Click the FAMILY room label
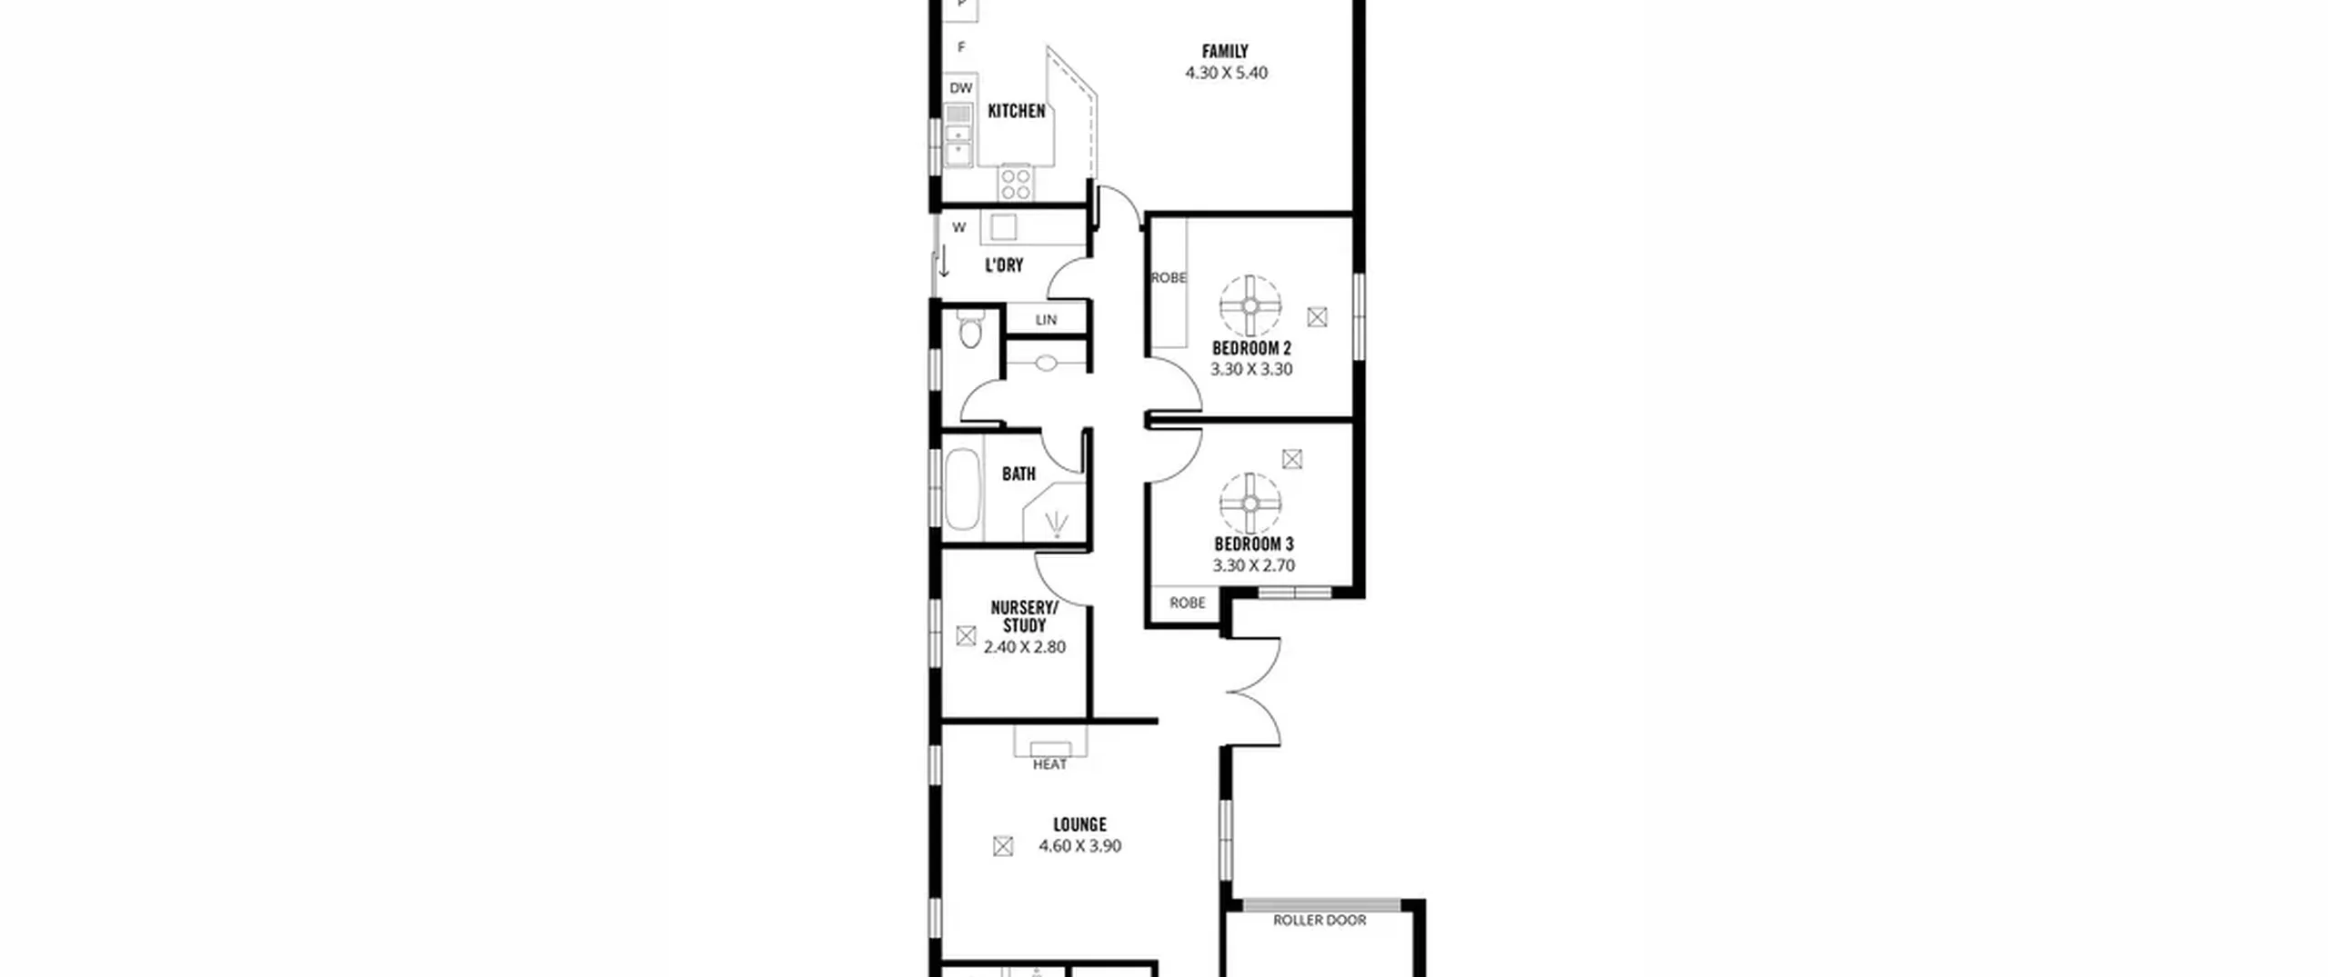pyautogui.click(x=1225, y=52)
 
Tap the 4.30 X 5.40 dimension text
pyautogui.click(x=1226, y=73)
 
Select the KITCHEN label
pyautogui.click(x=1017, y=111)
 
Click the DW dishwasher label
pyautogui.click(x=961, y=88)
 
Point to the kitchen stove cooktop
pyautogui.click(x=1016, y=183)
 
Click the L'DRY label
pyautogui.click(x=1004, y=265)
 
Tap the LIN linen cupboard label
pyautogui.click(x=1046, y=320)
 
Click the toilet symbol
pyautogui.click(x=970, y=329)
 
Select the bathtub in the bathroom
pyautogui.click(x=961, y=489)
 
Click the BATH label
pyautogui.click(x=1018, y=474)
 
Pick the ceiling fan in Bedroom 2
pyautogui.click(x=1250, y=306)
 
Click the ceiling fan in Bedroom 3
pyautogui.click(x=1250, y=503)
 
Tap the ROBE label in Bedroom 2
pyautogui.click(x=1169, y=278)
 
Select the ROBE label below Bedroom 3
pyautogui.click(x=1188, y=603)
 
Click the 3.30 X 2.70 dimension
pyautogui.click(x=1253, y=565)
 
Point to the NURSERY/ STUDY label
pyautogui.click(x=1024, y=616)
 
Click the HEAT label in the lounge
pyautogui.click(x=1049, y=764)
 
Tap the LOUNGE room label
pyautogui.click(x=1079, y=825)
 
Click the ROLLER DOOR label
pyautogui.click(x=1320, y=921)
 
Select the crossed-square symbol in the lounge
pyautogui.click(x=1003, y=846)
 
